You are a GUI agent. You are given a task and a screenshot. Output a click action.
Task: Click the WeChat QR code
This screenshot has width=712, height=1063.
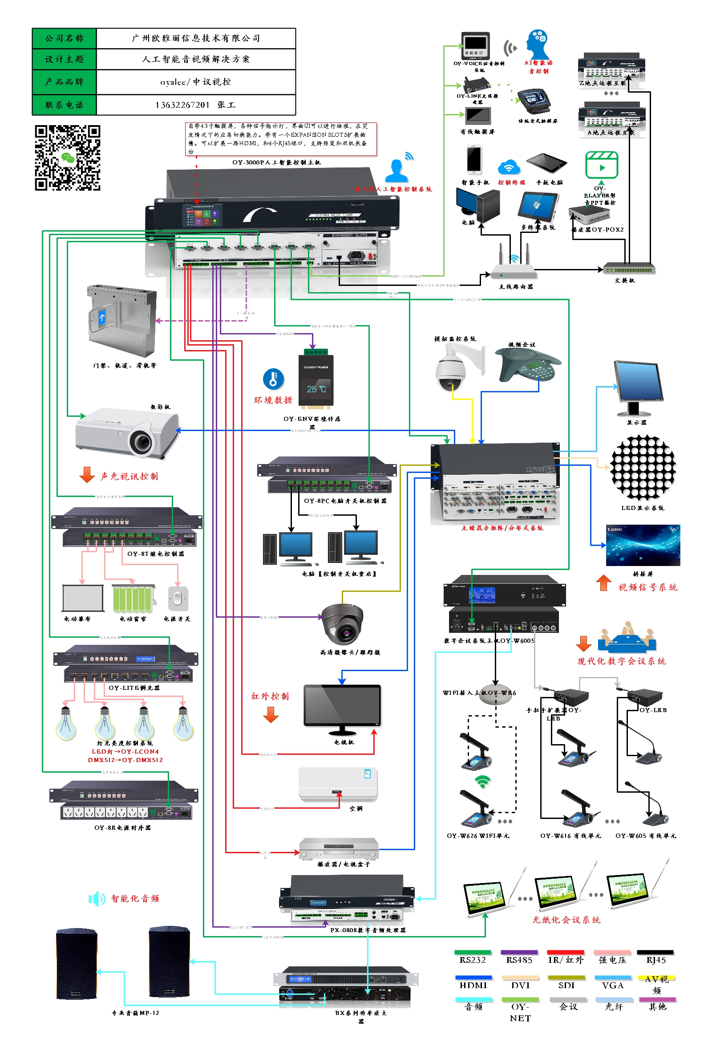pos(68,158)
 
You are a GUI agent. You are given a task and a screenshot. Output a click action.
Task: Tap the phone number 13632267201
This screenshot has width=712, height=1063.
pos(182,105)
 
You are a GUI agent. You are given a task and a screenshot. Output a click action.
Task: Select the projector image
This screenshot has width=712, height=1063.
pos(128,432)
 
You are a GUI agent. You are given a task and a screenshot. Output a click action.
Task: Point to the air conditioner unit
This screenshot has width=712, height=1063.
pos(338,785)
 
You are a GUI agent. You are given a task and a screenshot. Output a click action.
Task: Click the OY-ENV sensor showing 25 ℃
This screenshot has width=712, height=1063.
pos(316,378)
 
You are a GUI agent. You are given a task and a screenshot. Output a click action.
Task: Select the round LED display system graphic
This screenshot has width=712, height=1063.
pos(643,468)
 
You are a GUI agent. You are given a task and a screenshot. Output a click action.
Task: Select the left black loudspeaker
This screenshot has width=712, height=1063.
pos(76,964)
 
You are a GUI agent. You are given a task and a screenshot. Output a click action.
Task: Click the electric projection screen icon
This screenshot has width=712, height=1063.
pos(83,598)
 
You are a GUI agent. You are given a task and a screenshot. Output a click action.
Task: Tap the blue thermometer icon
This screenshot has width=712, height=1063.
pos(273,379)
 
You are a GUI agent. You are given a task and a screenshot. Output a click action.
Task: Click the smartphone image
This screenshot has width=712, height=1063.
pos(473,160)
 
